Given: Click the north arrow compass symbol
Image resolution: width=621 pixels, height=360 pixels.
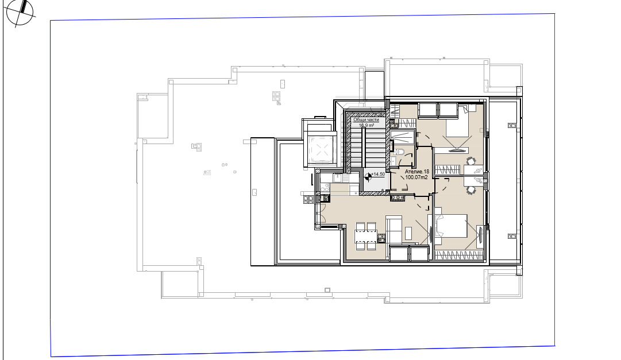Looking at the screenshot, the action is pyautogui.click(x=20, y=13).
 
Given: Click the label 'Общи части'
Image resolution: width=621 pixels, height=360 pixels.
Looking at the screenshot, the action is pyautogui.click(x=366, y=119).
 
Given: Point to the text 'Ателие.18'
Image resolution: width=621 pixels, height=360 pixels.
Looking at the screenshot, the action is pyautogui.click(x=416, y=172).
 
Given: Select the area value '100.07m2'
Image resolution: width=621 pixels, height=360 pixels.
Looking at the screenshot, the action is pyautogui.click(x=416, y=177).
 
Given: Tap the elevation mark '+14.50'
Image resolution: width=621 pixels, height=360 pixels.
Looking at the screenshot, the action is pyautogui.click(x=378, y=174).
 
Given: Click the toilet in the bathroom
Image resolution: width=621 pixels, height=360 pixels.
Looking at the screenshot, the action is pyautogui.click(x=399, y=151).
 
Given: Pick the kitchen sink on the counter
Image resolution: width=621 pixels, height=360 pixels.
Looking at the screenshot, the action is pyautogui.click(x=337, y=178).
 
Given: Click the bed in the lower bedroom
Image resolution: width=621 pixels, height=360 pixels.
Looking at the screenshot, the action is pyautogui.click(x=451, y=226).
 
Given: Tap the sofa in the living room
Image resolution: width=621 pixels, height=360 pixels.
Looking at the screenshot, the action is pyautogui.click(x=395, y=230).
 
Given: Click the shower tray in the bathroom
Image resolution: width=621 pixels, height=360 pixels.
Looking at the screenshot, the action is pyautogui.click(x=402, y=137).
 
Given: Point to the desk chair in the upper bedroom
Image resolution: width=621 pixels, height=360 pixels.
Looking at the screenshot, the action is pyautogui.click(x=471, y=161).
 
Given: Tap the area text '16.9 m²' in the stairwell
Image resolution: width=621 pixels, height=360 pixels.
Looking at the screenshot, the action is pyautogui.click(x=367, y=125).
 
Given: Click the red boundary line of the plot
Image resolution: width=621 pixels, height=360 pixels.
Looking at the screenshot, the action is pyautogui.click(x=554, y=180).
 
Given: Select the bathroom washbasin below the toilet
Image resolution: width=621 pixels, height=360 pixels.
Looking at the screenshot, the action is pyautogui.click(x=394, y=161).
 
